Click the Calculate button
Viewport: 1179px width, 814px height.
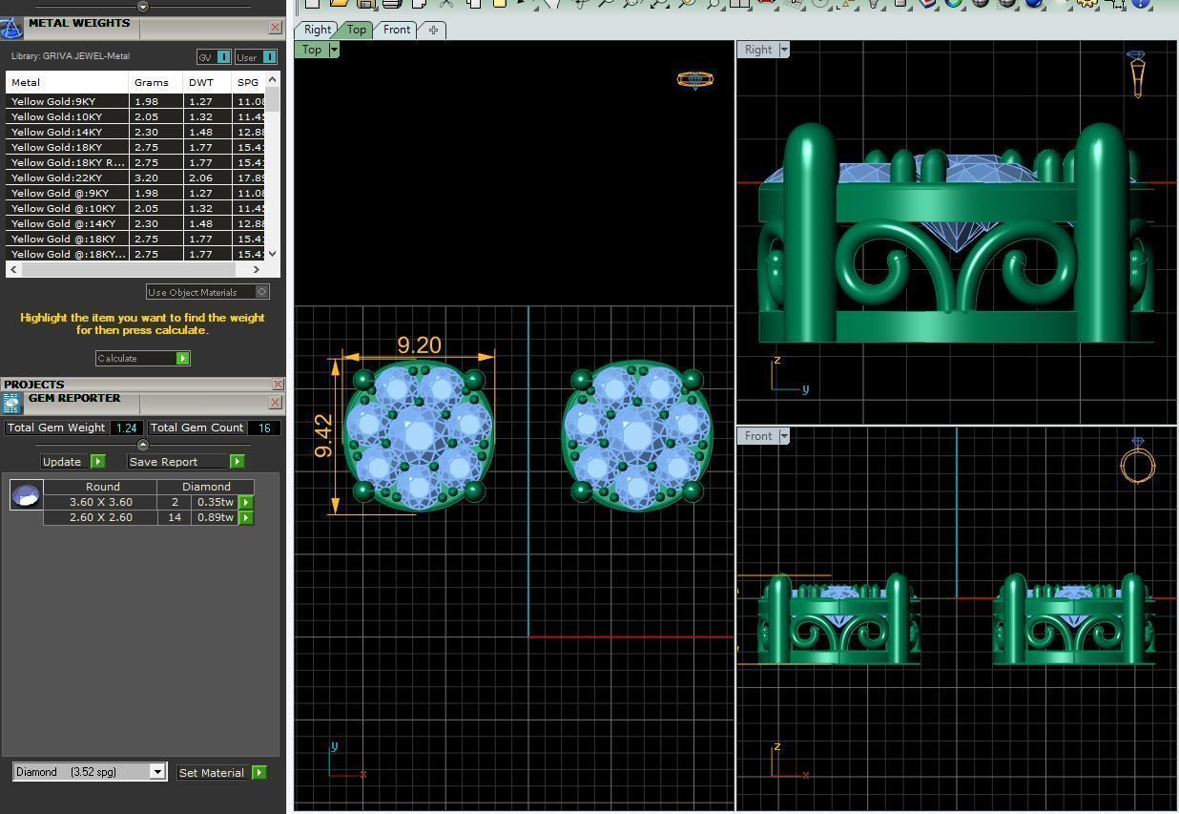pyautogui.click(x=142, y=358)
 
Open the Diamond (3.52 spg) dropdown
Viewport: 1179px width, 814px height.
pyautogui.click(x=157, y=772)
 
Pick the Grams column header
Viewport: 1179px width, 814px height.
pyautogui.click(x=151, y=82)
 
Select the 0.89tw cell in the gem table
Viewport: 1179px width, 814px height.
pyautogui.click(x=215, y=517)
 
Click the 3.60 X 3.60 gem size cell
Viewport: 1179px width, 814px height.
pyautogui.click(x=100, y=502)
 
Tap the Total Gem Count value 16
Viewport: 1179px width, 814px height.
pyautogui.click(x=263, y=428)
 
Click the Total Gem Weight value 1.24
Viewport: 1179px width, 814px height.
pyautogui.click(x=126, y=428)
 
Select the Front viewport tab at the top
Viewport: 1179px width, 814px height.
pyautogui.click(x=396, y=30)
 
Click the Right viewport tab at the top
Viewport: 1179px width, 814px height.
pyautogui.click(x=317, y=30)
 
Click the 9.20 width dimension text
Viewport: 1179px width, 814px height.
pyautogui.click(x=419, y=344)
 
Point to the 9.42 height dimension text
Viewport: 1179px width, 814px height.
pyautogui.click(x=324, y=435)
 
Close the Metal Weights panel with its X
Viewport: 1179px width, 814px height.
pyautogui.click(x=275, y=28)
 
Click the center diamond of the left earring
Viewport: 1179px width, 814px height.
pyautogui.click(x=419, y=436)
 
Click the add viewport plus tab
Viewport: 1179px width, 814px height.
pyautogui.click(x=433, y=30)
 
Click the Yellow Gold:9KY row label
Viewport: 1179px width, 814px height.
pyautogui.click(x=53, y=101)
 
